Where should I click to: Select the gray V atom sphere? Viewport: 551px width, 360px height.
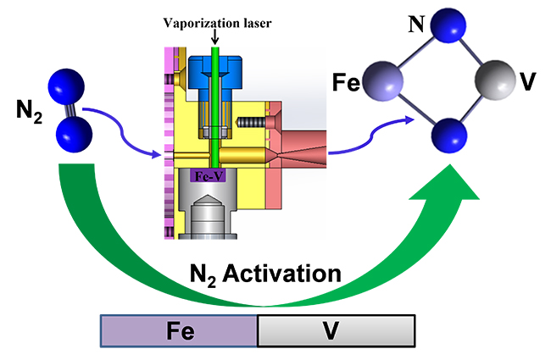pos(491,81)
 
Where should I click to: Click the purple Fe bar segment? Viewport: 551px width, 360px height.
pos(179,329)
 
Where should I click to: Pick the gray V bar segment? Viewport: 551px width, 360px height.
pos(336,329)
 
